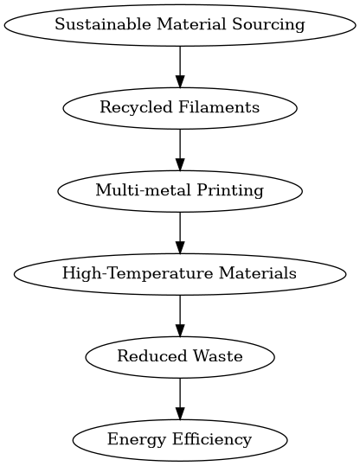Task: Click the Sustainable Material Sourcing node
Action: tap(180, 24)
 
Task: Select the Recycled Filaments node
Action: tap(180, 107)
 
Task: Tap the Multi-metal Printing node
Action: tap(180, 190)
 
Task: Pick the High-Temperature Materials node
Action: tap(180, 273)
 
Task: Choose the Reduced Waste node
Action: tap(180, 356)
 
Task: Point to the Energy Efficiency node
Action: tap(180, 439)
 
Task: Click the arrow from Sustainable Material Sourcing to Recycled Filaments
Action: tap(180, 66)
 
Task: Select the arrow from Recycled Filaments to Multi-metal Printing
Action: tap(180, 149)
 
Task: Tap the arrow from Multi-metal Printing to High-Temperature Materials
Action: tap(180, 232)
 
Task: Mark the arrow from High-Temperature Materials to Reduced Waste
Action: tap(180, 315)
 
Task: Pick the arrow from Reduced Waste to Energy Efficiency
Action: tap(180, 398)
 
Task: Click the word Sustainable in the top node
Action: tap(91, 24)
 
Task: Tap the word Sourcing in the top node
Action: tap(274, 24)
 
